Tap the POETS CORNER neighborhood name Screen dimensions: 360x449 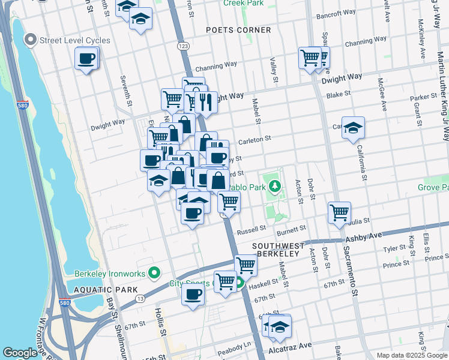point(238,30)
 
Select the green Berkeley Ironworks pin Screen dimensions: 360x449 point(154,274)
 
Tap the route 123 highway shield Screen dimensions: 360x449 point(183,46)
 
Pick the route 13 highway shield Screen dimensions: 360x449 point(140,298)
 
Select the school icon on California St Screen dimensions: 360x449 point(354,127)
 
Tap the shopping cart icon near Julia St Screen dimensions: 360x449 point(340,212)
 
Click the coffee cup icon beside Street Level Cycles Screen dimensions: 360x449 point(86,59)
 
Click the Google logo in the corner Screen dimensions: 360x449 point(20,353)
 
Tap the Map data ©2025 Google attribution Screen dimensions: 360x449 point(411,355)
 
